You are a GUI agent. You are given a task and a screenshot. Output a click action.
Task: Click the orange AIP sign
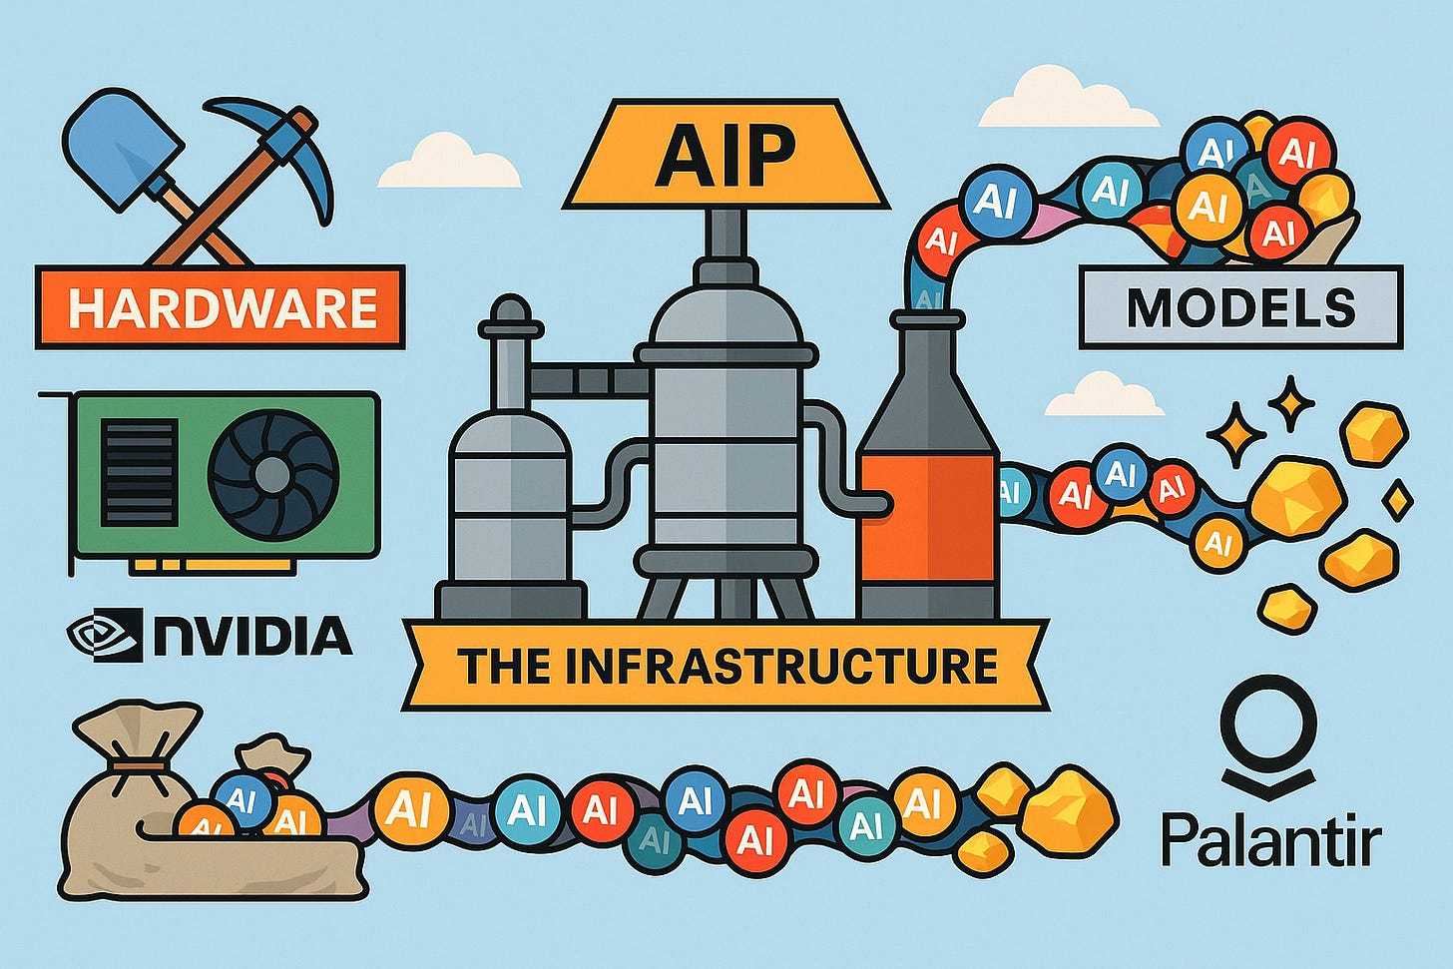[x=726, y=154]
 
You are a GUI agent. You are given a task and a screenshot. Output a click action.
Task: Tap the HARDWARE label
[x=221, y=307]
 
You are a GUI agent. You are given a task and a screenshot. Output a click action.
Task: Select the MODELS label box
[x=1240, y=307]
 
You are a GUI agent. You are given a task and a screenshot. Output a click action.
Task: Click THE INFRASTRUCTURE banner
[x=726, y=666]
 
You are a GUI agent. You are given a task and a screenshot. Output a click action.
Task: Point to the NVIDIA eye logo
[x=105, y=635]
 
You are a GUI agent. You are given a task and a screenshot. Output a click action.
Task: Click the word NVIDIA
[x=252, y=636]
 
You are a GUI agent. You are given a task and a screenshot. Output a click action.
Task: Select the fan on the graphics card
[x=272, y=475]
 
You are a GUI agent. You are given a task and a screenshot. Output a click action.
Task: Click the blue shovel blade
[x=122, y=146]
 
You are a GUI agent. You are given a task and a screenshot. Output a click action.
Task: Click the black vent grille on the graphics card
[x=139, y=473]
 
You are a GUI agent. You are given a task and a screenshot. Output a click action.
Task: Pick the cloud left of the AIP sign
[x=448, y=165]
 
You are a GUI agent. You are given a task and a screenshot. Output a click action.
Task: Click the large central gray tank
[x=726, y=419]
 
